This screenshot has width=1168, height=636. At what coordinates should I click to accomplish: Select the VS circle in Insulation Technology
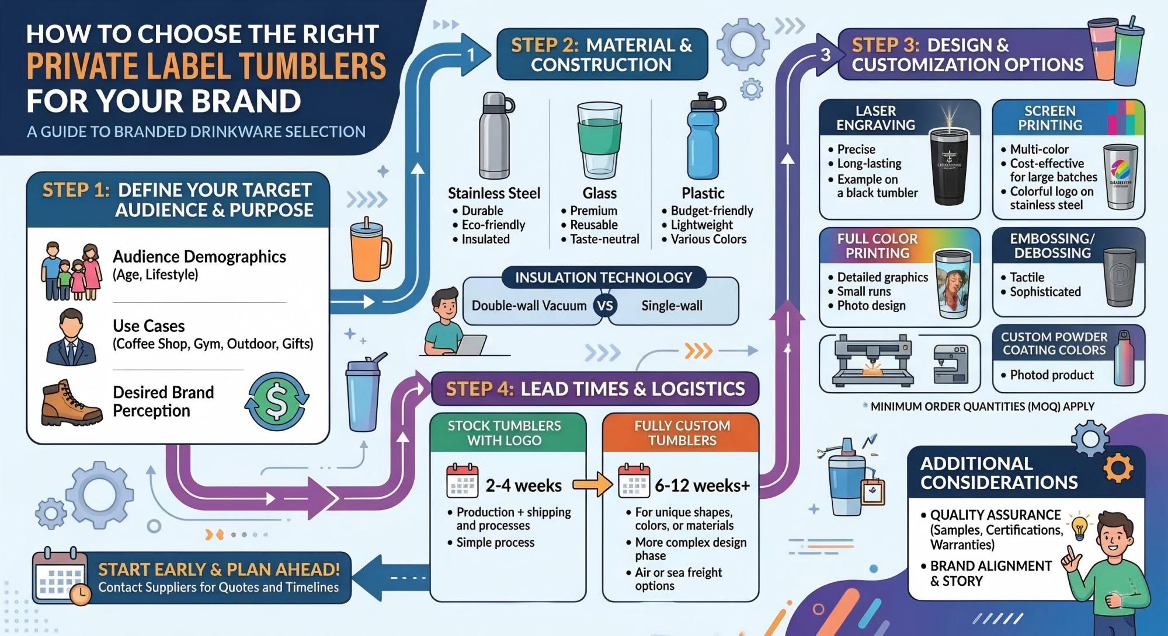[606, 305]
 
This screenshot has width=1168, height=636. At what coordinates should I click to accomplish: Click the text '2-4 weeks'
[524, 485]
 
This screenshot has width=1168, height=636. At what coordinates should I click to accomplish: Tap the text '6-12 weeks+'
[702, 485]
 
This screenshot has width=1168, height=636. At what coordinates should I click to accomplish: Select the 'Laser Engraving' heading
[875, 118]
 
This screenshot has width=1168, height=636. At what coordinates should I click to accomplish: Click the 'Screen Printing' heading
[1049, 118]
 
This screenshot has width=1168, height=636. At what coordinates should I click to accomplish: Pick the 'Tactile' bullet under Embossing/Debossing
[1027, 277]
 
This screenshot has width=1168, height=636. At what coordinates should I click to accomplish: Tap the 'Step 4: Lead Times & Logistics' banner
[595, 389]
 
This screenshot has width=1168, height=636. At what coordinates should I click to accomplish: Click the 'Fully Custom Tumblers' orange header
[682, 433]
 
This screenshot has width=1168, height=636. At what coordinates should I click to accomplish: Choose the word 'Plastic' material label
[703, 193]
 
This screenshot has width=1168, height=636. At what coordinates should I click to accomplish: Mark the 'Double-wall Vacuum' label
[529, 306]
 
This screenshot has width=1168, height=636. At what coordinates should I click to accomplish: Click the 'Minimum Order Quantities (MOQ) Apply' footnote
[982, 406]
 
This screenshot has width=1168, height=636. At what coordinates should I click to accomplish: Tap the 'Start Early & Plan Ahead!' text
[219, 569]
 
